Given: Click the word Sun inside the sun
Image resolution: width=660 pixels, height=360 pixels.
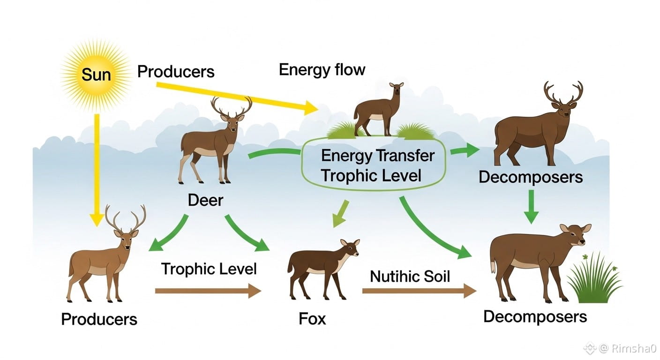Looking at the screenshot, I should (x=96, y=74).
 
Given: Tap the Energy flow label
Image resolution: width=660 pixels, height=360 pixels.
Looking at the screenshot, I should (x=322, y=70).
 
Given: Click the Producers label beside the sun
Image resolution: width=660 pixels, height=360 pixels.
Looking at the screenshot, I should (x=176, y=72).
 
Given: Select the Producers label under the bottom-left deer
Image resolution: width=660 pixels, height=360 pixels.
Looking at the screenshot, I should (x=99, y=319).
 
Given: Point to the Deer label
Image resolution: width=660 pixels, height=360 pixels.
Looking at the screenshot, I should (x=205, y=200).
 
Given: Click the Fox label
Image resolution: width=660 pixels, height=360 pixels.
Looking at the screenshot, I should (x=312, y=319).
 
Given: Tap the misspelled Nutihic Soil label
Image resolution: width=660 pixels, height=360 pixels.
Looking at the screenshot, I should (x=410, y=276).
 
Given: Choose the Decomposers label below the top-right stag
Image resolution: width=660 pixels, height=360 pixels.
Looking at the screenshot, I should (x=531, y=177).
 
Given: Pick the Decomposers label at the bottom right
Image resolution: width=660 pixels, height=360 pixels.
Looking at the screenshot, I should (x=535, y=316).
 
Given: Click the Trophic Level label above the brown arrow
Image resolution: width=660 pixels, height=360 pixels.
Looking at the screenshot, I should (x=209, y=269).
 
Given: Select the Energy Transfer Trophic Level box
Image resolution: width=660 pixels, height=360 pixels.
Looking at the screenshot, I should (x=378, y=165).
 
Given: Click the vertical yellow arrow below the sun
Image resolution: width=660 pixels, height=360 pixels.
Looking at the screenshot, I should (x=97, y=169).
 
